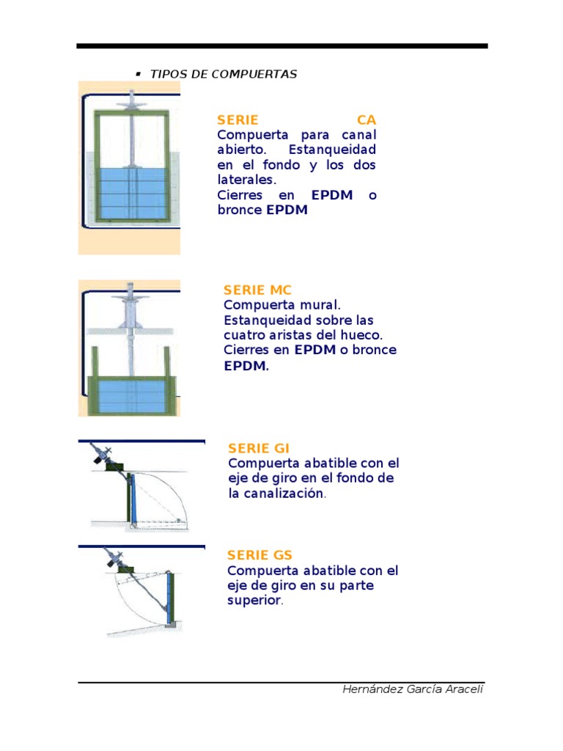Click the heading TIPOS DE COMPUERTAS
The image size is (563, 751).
click(224, 75)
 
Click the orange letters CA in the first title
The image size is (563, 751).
click(366, 120)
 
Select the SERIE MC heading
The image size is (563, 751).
click(257, 290)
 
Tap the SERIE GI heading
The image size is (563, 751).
click(259, 448)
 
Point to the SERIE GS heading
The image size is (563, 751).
click(260, 555)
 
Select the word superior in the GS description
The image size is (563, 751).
click(254, 601)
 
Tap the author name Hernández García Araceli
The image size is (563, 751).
click(413, 689)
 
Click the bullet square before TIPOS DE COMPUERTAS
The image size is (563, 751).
click(138, 74)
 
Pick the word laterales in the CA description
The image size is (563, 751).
click(246, 180)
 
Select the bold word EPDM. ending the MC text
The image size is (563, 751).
click(246, 365)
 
